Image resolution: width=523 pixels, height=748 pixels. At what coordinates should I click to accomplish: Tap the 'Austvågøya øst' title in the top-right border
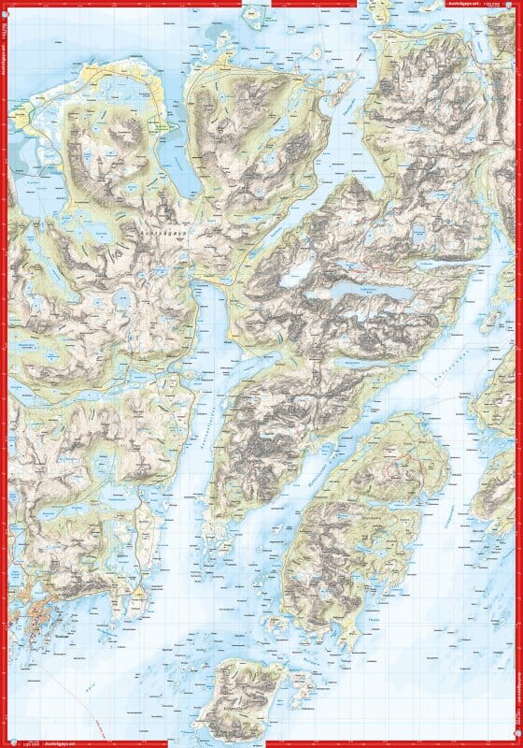(466, 5)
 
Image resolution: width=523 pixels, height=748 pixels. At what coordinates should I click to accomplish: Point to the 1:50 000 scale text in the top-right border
(495, 5)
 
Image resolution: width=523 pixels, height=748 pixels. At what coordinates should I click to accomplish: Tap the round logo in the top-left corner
(7, 7)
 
